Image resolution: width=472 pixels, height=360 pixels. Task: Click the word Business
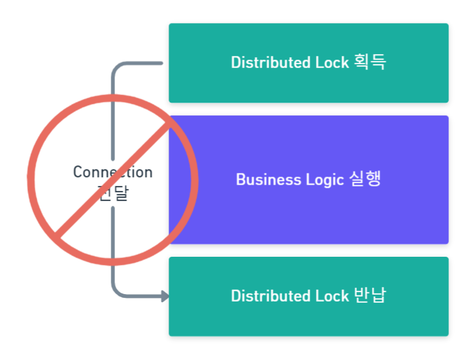pyautogui.click(x=264, y=180)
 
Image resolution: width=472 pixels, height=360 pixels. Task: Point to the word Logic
pyautogui.click(x=325, y=180)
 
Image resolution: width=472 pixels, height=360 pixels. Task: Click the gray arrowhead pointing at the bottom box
pyautogui.click(x=165, y=297)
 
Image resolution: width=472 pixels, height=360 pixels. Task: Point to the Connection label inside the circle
pyautogui.click(x=113, y=172)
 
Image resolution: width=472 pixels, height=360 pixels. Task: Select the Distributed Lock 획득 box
pyautogui.click(x=308, y=87)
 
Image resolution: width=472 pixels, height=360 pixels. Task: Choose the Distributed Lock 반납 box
pyautogui.click(x=308, y=320)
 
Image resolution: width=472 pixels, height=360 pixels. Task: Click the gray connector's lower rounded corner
pyautogui.click(x=116, y=292)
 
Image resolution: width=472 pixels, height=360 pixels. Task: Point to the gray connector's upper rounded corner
pyautogui.click(x=116, y=67)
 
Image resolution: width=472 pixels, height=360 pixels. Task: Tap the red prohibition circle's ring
pyautogui.click(x=31, y=180)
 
